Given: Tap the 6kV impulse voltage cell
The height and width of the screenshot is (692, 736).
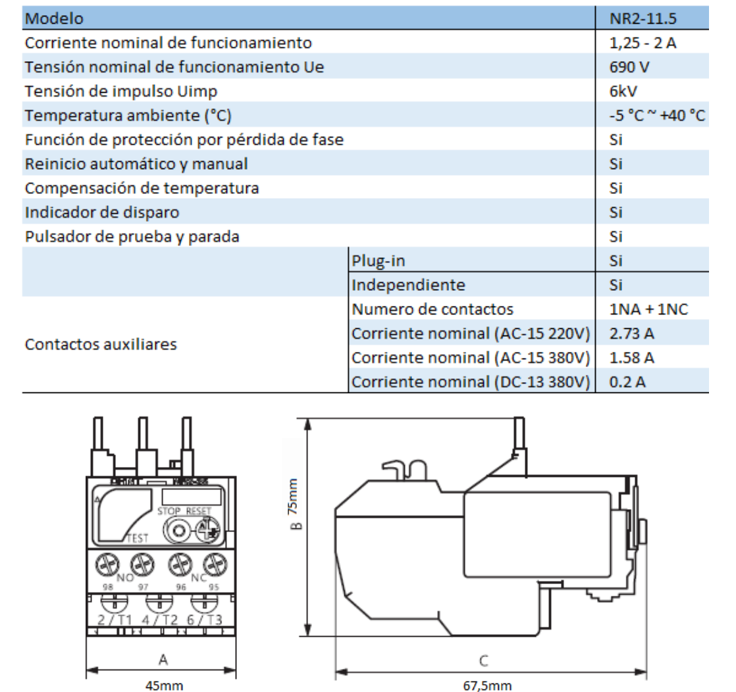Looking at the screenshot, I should (x=623, y=91).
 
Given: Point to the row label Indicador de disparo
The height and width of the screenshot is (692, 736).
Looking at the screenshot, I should (x=102, y=212).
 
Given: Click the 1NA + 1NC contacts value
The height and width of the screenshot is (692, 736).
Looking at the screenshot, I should (x=649, y=309).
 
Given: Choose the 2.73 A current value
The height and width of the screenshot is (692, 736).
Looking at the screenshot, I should (x=632, y=334).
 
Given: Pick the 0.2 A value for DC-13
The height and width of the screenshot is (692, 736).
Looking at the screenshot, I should (x=627, y=382).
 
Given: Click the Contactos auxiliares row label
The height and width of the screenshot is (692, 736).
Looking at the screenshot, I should (x=101, y=344).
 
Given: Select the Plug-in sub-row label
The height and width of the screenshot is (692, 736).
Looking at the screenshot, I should (x=379, y=260).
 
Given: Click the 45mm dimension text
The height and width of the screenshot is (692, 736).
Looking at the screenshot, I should (x=164, y=685).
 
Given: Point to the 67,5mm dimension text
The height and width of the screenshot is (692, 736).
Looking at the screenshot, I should (x=487, y=685).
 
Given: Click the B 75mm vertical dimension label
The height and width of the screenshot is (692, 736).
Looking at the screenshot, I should (x=295, y=513).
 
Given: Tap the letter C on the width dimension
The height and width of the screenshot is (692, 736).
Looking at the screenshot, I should (x=484, y=660).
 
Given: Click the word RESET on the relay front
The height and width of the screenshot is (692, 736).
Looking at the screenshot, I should (x=198, y=511).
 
